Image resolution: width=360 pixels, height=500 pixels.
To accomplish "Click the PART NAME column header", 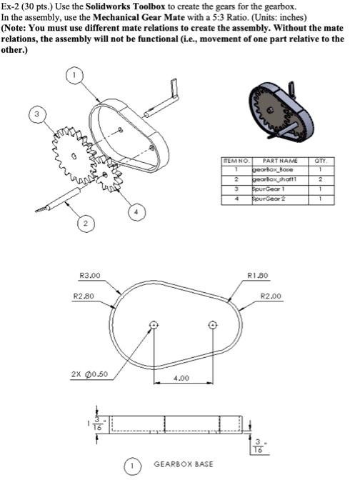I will click(x=274, y=161).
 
